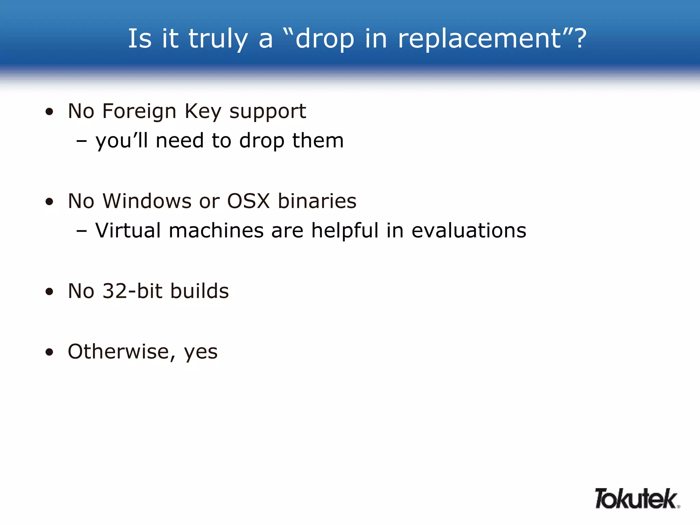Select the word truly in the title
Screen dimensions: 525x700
(x=218, y=38)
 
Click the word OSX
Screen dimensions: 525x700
(x=248, y=201)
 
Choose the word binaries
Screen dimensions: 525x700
(x=317, y=201)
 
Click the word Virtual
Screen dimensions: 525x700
(x=128, y=230)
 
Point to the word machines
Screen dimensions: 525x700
(x=216, y=230)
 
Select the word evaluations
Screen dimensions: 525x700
(x=469, y=230)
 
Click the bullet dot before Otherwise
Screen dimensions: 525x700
(x=50, y=352)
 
